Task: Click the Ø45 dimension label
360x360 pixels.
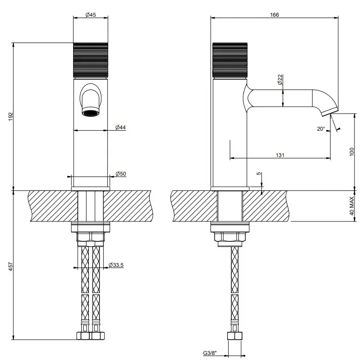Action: (90, 15)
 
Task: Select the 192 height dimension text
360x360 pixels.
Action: (11, 117)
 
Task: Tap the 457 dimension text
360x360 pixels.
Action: (11, 266)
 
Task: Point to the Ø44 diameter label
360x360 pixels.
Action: (120, 127)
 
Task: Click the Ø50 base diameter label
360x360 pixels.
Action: (121, 174)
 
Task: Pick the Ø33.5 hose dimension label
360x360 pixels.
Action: (116, 265)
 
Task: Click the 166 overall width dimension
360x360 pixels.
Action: (274, 15)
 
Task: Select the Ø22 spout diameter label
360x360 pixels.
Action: (280, 80)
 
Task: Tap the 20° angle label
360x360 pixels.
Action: (321, 129)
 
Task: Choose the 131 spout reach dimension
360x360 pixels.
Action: (280, 155)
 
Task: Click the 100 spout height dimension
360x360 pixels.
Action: (352, 152)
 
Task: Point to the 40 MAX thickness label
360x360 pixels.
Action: (352, 206)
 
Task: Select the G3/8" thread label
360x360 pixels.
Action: (210, 353)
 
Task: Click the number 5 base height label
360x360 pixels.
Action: (259, 173)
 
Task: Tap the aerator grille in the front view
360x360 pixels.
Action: (90, 113)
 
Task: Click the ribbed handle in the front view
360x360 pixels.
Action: (90, 60)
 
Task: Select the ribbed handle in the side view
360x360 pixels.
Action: (230, 60)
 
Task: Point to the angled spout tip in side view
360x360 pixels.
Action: (330, 112)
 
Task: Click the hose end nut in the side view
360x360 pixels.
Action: (235, 336)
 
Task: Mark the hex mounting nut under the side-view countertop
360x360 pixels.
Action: (230, 237)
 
